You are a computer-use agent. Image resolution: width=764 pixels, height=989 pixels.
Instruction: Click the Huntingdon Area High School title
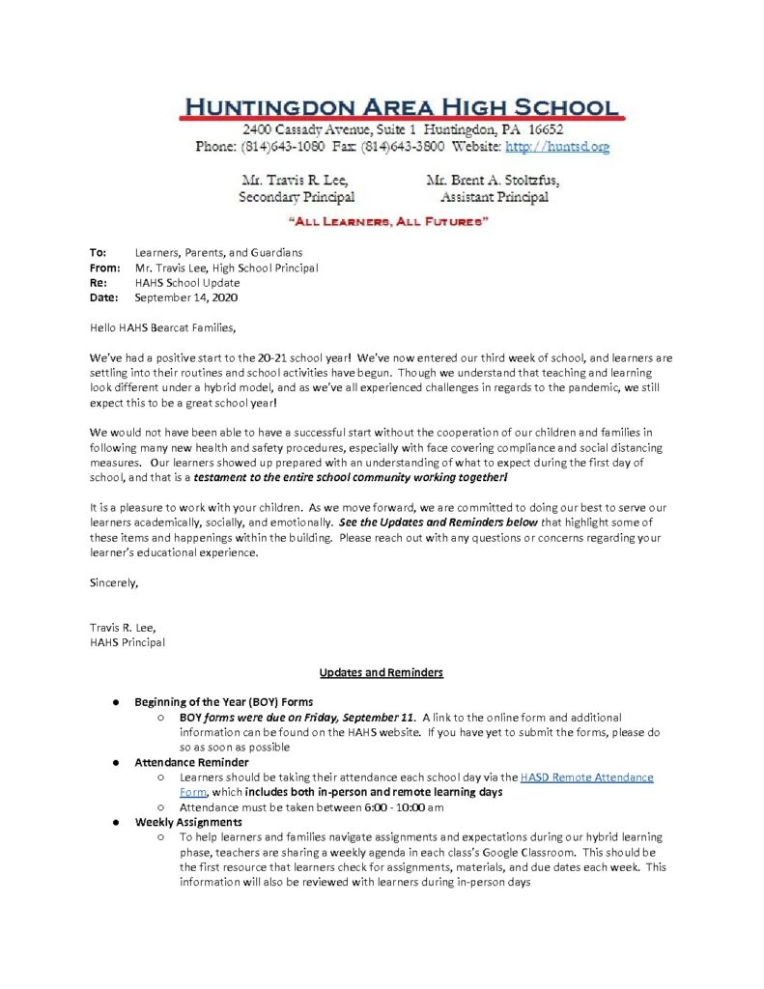[x=399, y=106]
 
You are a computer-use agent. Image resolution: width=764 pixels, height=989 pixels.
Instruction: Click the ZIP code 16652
[x=542, y=128]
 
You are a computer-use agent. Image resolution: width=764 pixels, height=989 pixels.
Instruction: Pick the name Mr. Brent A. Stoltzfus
[x=492, y=180]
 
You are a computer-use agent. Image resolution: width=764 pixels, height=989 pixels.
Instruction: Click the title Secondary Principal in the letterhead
[x=297, y=197]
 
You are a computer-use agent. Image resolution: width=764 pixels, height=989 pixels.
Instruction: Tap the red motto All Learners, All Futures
[x=382, y=222]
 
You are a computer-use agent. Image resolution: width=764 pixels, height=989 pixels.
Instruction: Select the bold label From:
[x=104, y=268]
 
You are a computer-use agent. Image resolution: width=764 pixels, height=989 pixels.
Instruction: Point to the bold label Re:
[x=98, y=283]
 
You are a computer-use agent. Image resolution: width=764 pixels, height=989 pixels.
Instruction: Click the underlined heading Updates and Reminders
[x=382, y=672]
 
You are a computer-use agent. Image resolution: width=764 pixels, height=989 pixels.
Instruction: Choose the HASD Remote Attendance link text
[x=586, y=777]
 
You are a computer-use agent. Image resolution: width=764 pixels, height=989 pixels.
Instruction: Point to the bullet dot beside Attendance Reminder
[x=114, y=763]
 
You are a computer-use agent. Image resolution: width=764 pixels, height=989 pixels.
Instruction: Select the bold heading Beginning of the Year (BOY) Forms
[x=223, y=702]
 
